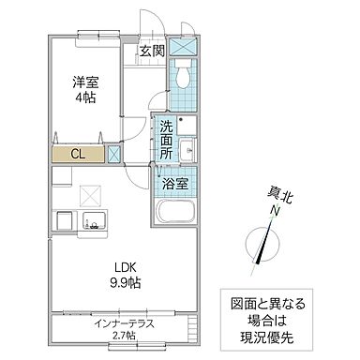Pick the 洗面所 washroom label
pyautogui.click(x=166, y=140)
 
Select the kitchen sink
pyautogui.click(x=95, y=221)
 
